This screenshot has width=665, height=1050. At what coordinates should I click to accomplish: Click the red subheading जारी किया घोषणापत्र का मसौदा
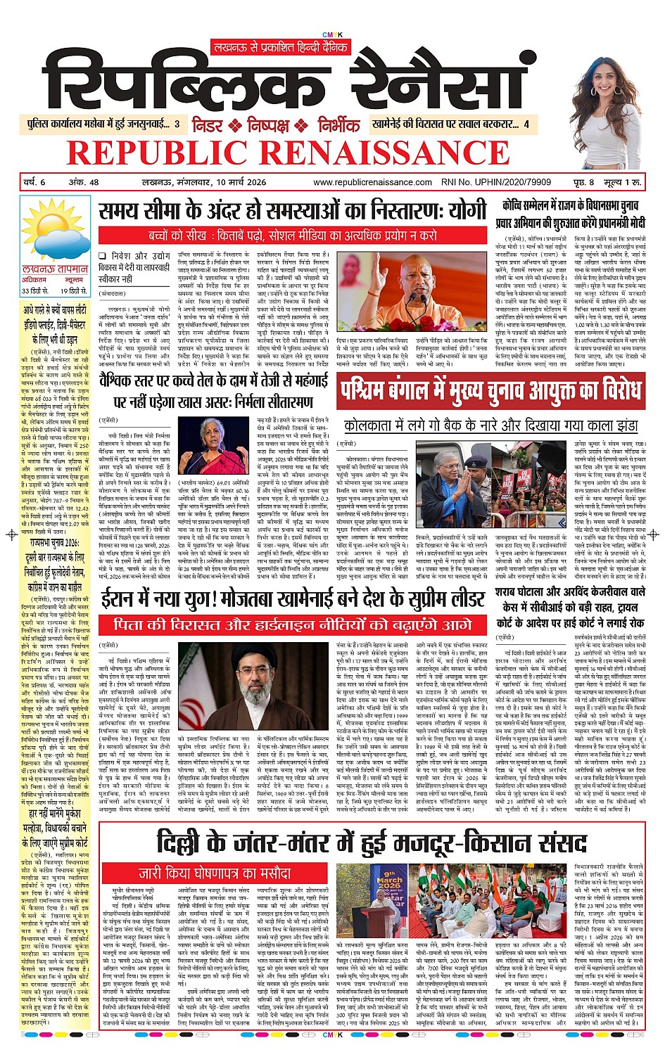pyautogui.click(x=214, y=873)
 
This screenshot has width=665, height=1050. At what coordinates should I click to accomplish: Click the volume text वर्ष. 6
pyautogui.click(x=35, y=183)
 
